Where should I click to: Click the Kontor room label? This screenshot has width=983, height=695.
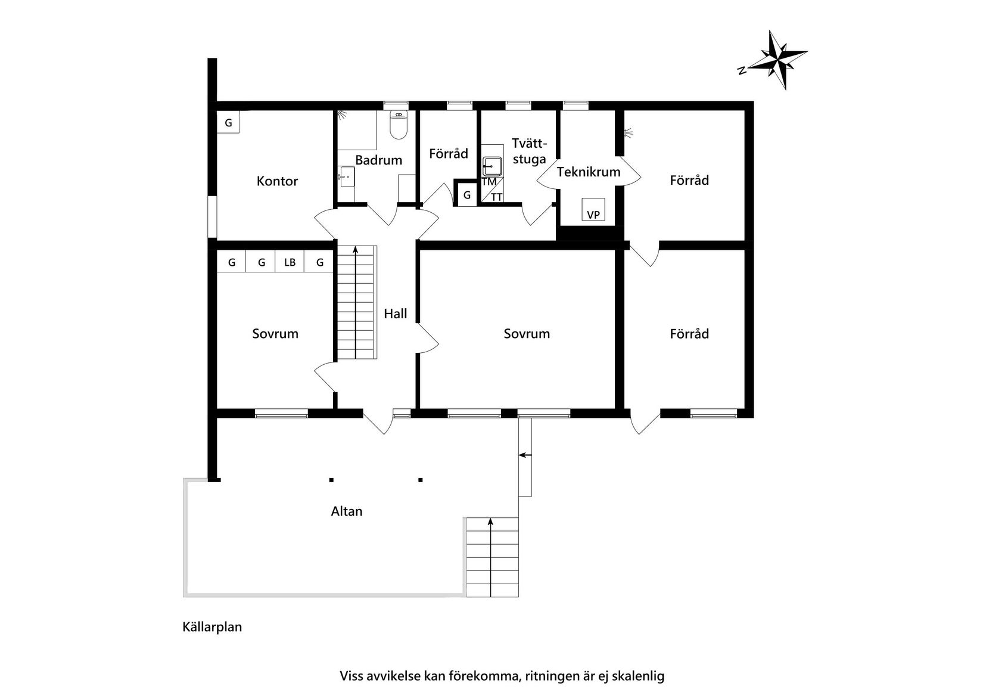(x=277, y=181)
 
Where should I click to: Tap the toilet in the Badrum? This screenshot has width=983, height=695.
(x=399, y=125)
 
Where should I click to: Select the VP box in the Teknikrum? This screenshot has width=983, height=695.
(x=593, y=210)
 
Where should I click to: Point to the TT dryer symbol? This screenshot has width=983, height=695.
(x=497, y=197)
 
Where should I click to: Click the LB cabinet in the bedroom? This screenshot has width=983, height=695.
(x=290, y=262)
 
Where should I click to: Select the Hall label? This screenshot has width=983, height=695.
(x=395, y=314)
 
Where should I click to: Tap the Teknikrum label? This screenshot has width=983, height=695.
(x=589, y=172)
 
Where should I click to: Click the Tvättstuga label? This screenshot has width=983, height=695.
(x=529, y=151)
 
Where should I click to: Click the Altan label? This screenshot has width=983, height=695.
(x=347, y=511)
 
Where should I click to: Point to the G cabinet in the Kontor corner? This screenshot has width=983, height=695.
(x=228, y=123)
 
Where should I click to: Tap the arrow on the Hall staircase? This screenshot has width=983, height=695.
(x=356, y=250)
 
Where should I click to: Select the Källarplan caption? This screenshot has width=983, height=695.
(x=212, y=627)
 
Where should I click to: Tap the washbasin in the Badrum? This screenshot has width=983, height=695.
(x=346, y=177)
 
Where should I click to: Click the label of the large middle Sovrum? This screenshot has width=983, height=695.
(x=527, y=334)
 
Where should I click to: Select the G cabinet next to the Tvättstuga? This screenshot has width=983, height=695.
(x=467, y=195)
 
